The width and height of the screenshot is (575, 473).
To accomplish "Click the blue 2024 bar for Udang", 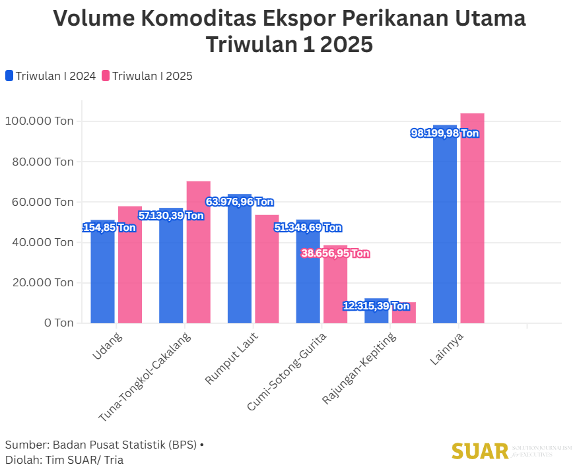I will coord(102,277).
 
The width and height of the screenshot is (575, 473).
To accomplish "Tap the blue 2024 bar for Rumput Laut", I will coord(239,264).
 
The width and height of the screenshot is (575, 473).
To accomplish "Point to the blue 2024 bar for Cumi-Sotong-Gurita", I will coord(308,277).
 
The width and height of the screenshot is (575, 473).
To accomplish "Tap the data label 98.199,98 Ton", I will coord(444,133).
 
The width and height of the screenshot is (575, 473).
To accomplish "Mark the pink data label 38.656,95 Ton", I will coord(335,253).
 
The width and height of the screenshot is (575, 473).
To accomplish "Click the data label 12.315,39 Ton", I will coord(376,306).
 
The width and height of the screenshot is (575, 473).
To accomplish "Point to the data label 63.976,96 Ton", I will coord(240,202).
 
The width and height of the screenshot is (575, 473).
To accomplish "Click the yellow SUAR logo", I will coord(479,451).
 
